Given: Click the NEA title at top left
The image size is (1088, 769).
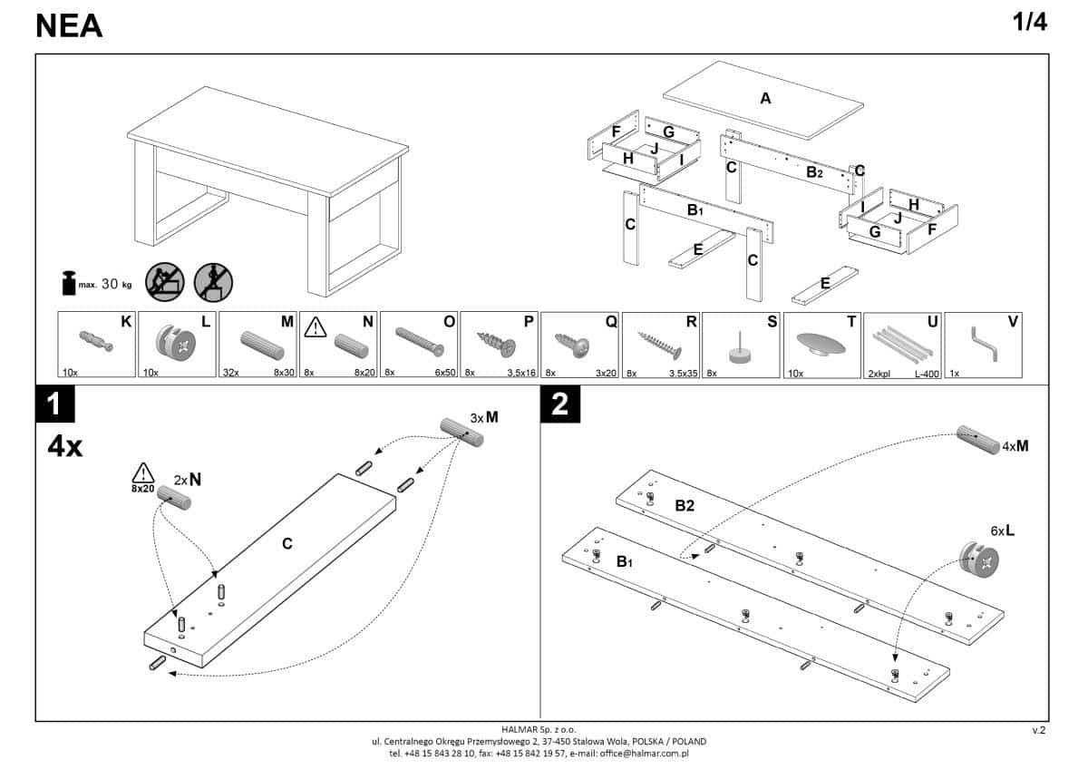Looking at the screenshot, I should tap(69, 26).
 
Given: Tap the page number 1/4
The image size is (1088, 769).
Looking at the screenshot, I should tap(1029, 24).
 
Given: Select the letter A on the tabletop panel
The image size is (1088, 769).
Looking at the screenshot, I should tap(765, 99).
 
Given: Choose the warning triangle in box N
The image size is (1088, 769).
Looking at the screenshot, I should tap(315, 326).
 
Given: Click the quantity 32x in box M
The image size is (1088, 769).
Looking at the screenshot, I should tap(233, 372).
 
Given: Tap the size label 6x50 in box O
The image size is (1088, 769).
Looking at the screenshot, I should tap(442, 372).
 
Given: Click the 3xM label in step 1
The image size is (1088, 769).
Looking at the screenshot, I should tap(484, 417).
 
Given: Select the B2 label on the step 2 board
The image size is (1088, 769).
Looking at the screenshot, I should tap(685, 505).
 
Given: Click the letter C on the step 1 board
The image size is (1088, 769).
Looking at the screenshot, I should tap(287, 543).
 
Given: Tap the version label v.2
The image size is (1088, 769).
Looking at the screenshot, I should tap(1039, 728).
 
